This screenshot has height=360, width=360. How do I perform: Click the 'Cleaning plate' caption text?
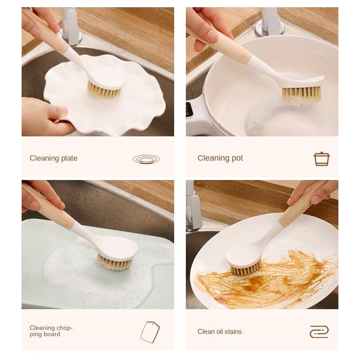pyautogui.click(x=54, y=158)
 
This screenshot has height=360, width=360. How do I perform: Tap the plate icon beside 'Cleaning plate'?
pyautogui.click(x=146, y=159)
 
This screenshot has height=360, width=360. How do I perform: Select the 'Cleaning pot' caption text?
pyautogui.click(x=220, y=158)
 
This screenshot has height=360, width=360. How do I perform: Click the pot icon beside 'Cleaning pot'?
pyautogui.click(x=322, y=159)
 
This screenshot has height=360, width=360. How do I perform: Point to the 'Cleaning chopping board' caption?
pyautogui.click(x=51, y=331)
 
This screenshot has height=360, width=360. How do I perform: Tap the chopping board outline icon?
pyautogui.click(x=150, y=332)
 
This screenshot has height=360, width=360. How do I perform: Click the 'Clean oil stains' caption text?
pyautogui.click(x=220, y=332)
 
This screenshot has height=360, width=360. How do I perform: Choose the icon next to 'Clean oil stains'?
pyautogui.click(x=319, y=332)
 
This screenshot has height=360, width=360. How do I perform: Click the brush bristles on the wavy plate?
pyautogui.click(x=103, y=92)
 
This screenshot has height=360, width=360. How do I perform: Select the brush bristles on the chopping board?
pyautogui.click(x=115, y=264)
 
